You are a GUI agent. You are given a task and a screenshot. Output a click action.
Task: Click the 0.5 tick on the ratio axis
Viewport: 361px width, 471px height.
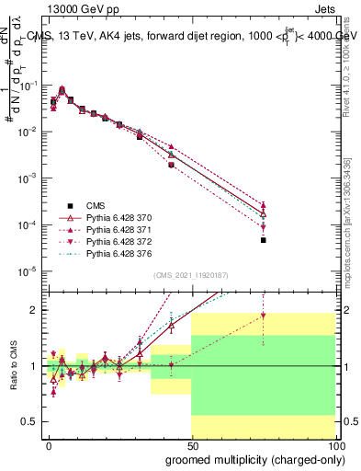point(28,421)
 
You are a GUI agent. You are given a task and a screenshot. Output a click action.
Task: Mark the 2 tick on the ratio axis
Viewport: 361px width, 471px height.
point(33,310)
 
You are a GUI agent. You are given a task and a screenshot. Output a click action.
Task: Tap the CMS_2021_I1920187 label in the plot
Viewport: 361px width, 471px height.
point(190,274)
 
